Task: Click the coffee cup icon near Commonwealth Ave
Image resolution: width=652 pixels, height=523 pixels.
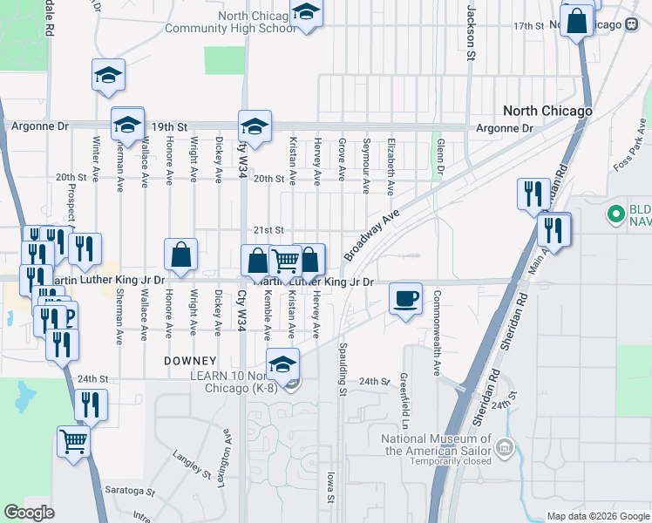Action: tap(405, 299)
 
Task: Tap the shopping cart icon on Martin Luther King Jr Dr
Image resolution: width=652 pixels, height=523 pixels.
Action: tap(286, 260)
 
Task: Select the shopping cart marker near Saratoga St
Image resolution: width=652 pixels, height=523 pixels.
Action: tap(73, 441)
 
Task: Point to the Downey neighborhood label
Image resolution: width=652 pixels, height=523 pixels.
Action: tap(190, 360)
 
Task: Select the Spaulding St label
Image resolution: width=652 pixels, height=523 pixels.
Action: tap(343, 370)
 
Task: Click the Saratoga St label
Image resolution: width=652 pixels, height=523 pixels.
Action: tap(129, 492)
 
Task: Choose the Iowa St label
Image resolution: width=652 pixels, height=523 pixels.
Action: tap(330, 488)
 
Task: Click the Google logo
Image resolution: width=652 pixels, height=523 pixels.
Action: tap(30, 513)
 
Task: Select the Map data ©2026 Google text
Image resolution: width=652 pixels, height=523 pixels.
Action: tap(596, 516)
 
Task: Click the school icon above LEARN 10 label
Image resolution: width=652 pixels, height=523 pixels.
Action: tap(282, 363)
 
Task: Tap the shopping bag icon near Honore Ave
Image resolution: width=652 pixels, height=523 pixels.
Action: tap(180, 255)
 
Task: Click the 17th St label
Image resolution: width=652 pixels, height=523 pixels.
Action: tap(528, 26)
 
